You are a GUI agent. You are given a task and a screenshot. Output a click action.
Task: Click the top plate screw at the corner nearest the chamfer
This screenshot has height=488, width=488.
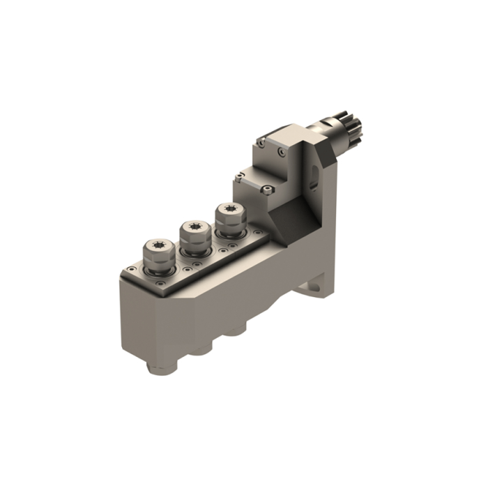point(259,231)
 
